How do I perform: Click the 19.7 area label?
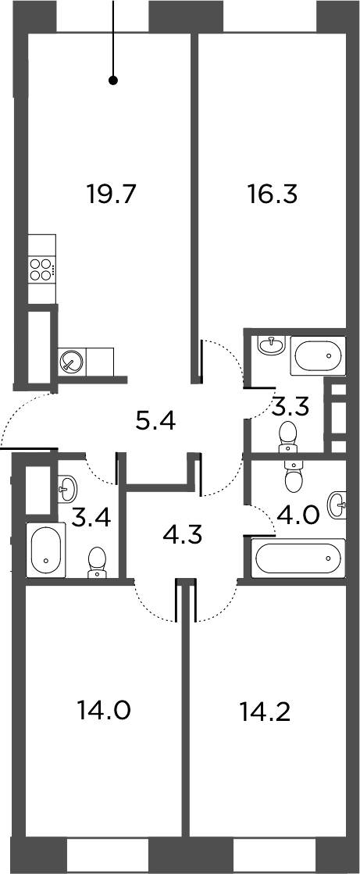tap(112, 195)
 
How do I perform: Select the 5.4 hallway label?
tap(155, 422)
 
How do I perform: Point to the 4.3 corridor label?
tap(182, 536)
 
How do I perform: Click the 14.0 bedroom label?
tap(104, 711)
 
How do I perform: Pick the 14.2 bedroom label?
tap(265, 711)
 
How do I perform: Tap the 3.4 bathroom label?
tap(91, 519)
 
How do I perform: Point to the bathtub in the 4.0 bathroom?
tap(299, 558)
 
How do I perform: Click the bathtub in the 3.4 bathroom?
tap(46, 550)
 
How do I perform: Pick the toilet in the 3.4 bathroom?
tap(98, 562)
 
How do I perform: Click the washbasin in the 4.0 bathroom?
tap(337, 505)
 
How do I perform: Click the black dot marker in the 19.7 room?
tap(113, 80)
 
